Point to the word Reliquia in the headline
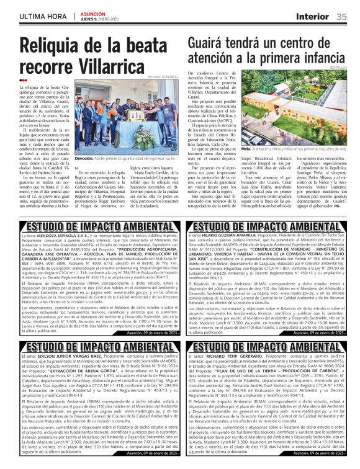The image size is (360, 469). tap(52, 45)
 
